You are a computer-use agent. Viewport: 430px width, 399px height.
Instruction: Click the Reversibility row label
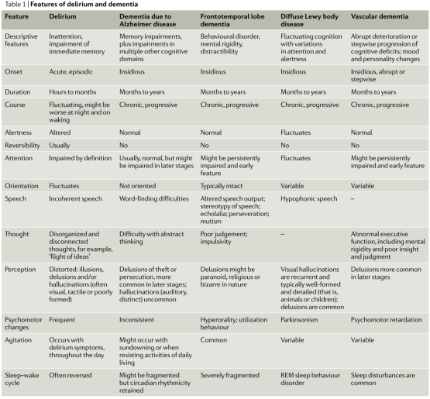(x=23, y=144)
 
